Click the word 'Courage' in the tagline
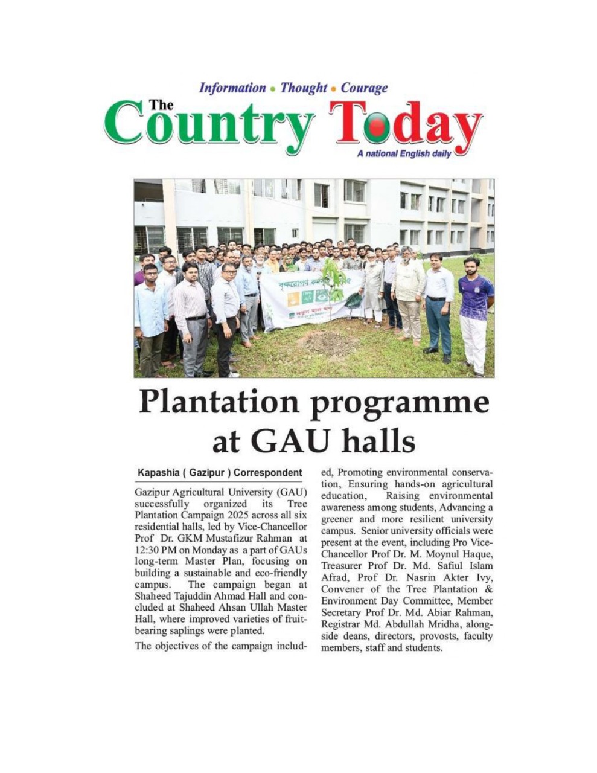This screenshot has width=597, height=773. click(364, 88)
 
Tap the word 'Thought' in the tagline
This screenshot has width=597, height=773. click(304, 88)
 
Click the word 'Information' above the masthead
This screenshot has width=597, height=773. click(232, 88)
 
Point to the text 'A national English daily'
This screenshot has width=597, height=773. click(404, 154)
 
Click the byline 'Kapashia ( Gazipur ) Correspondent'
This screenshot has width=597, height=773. click(220, 472)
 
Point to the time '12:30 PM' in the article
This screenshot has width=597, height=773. click(153, 550)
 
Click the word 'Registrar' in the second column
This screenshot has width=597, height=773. click(342, 624)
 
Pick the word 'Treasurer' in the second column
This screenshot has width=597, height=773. click(343, 566)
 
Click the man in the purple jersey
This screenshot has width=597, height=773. click(476, 314)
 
